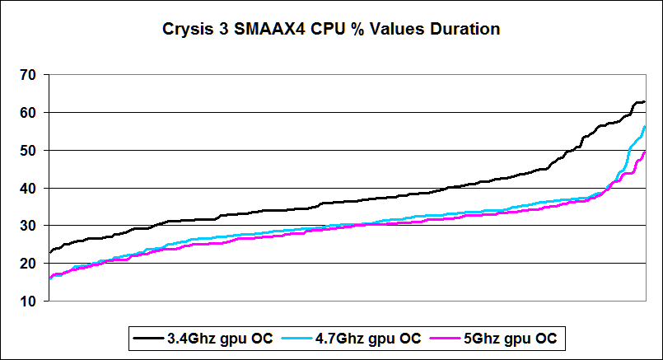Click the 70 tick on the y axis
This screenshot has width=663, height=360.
coord(28,75)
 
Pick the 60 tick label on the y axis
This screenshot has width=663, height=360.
coord(28,113)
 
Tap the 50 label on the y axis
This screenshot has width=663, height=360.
coord(28,151)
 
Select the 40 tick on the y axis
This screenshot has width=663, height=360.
coord(28,189)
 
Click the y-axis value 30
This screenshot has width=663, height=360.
coord(28,226)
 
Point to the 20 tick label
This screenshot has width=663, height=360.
coord(28,264)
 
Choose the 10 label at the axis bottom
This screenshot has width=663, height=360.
coord(28,302)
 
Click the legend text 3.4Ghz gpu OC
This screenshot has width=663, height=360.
coord(210,338)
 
